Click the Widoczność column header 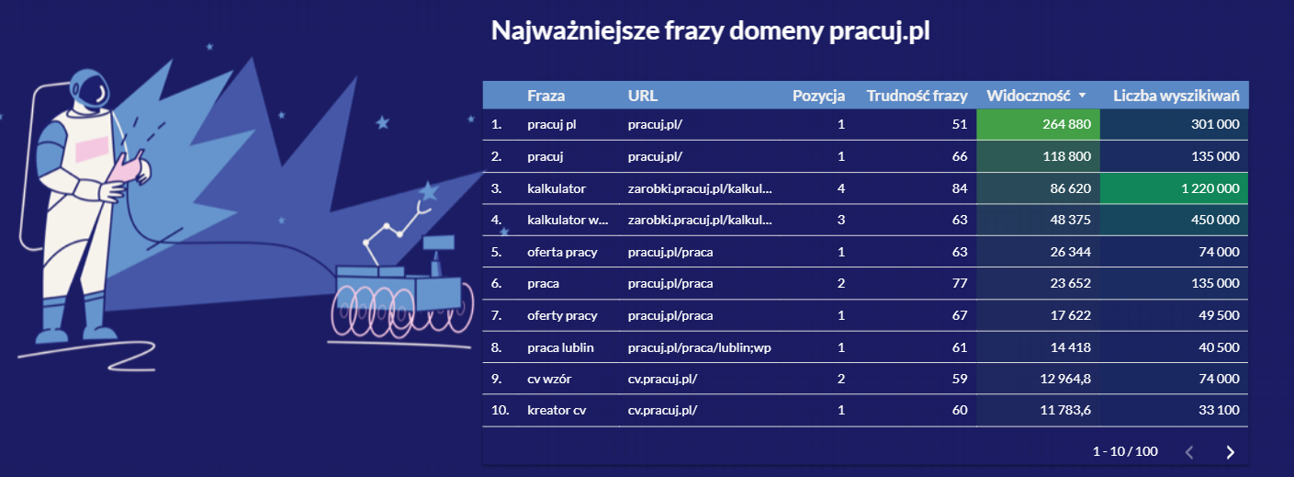[x=1029, y=96]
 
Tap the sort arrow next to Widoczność [x=1082, y=95]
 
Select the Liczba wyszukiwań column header [x=1176, y=96]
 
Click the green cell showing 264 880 [x=1038, y=124]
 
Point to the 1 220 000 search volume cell [x=1174, y=188]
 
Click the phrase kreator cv [x=557, y=410]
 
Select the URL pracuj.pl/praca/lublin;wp [x=699, y=347]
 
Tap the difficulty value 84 [x=960, y=188]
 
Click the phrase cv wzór [x=549, y=379]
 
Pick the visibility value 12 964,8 [x=1065, y=379]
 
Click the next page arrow [x=1230, y=452]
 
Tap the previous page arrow [x=1189, y=452]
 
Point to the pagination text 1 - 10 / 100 [x=1125, y=451]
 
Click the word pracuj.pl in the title [x=879, y=31]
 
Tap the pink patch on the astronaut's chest [x=92, y=149]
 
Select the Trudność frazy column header [x=917, y=96]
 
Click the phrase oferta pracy [x=562, y=252]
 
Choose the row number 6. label [x=496, y=283]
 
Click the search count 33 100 [x=1219, y=410]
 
